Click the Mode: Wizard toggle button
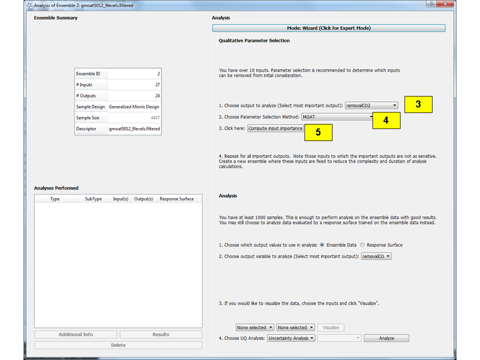click(328, 28)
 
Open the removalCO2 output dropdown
click(371, 105)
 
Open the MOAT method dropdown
click(338, 117)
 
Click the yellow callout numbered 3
click(418, 104)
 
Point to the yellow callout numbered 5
click(318, 132)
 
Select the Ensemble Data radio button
click(322, 245)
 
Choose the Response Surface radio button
click(363, 245)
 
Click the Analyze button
click(386, 338)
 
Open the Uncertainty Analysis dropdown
click(291, 338)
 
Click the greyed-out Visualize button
click(330, 327)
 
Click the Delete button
click(118, 345)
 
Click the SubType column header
click(93, 199)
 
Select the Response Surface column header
click(176, 199)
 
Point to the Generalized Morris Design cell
click(134, 107)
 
